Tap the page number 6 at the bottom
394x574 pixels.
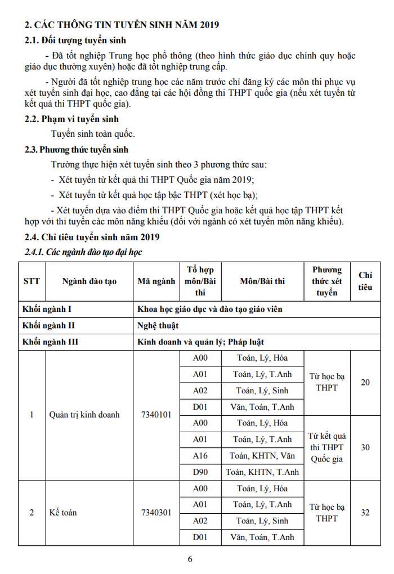(190, 559)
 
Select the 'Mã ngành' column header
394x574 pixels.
(156, 281)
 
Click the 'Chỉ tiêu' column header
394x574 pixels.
(366, 281)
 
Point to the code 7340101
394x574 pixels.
(156, 415)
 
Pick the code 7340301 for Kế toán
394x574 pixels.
(156, 513)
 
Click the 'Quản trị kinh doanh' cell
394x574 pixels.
(84, 415)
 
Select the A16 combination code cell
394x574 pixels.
(200, 456)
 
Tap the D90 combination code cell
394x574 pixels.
(200, 472)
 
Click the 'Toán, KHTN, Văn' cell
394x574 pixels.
(262, 456)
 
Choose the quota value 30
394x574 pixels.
(365, 447)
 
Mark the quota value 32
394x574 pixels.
(365, 513)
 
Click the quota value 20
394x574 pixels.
(365, 383)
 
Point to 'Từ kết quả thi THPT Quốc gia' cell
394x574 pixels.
(327, 447)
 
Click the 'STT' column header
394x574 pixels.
(32, 281)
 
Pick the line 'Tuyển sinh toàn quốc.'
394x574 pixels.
(93, 134)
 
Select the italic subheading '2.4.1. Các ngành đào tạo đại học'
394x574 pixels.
(82, 252)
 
